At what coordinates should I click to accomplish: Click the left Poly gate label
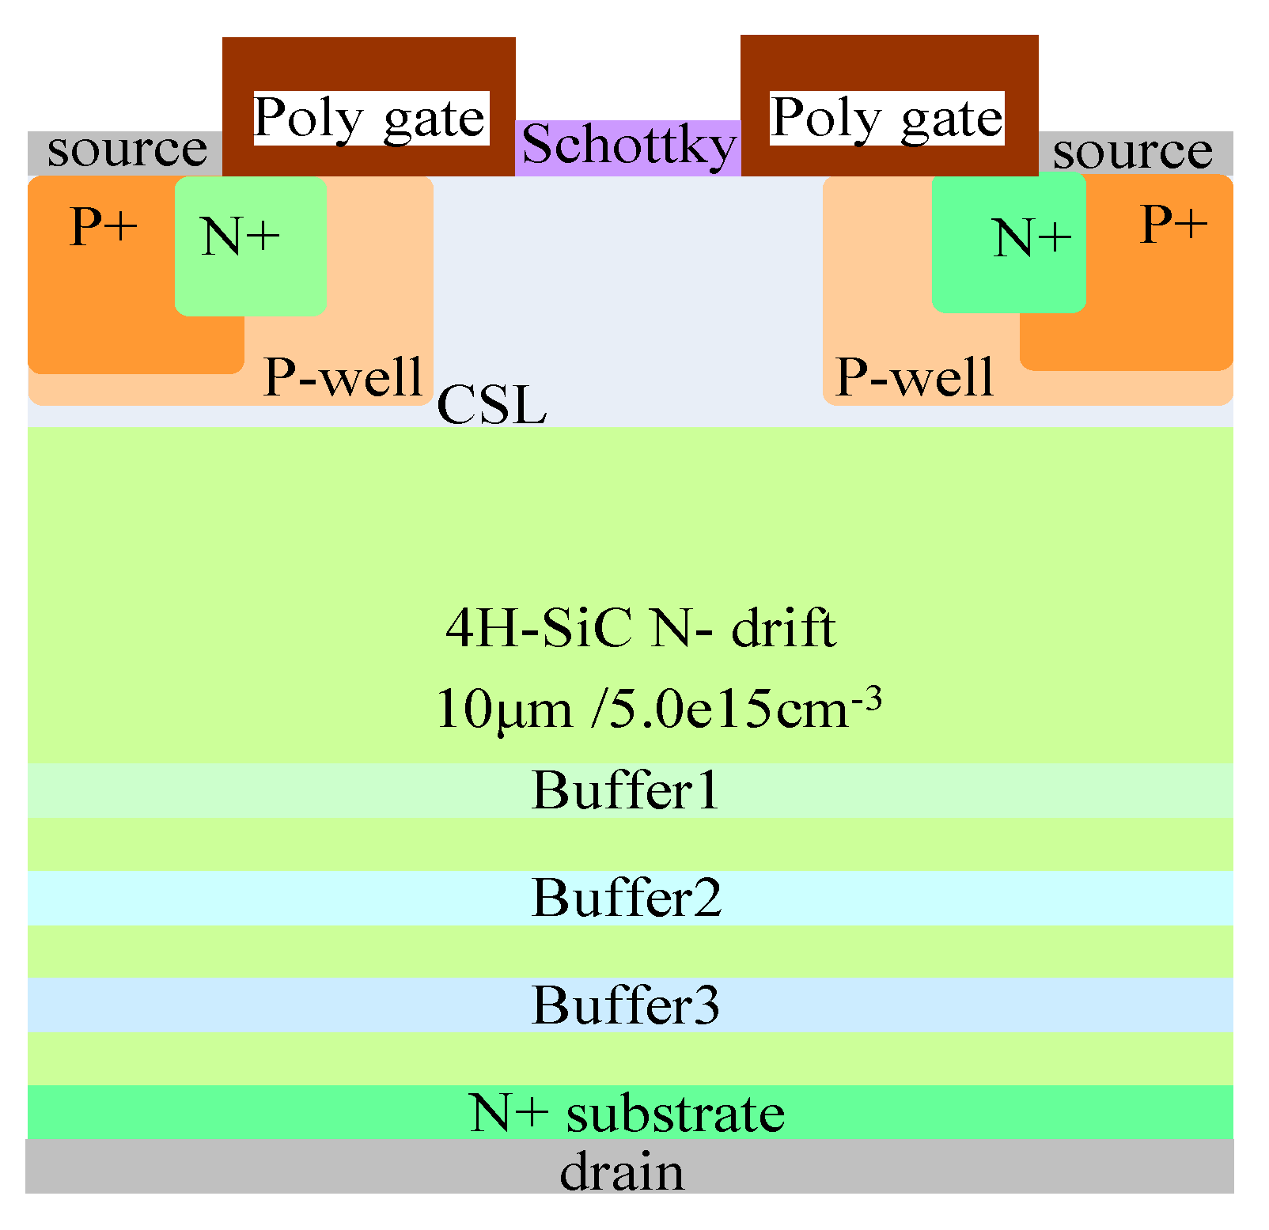tap(369, 119)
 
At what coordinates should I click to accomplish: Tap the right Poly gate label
tap(887, 119)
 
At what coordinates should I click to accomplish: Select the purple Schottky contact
tap(628, 147)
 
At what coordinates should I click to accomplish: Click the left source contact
tap(125, 152)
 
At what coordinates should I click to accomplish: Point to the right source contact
tap(1134, 153)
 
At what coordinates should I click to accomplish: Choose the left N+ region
tap(250, 245)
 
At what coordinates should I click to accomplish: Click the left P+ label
tap(104, 227)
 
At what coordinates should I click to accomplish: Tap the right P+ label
tap(1173, 225)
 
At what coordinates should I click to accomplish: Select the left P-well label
tap(343, 377)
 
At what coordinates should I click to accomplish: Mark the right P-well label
tap(914, 377)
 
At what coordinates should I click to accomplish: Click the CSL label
tap(491, 406)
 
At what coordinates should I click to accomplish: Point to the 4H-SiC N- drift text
tap(640, 630)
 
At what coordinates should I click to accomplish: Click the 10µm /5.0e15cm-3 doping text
tap(657, 707)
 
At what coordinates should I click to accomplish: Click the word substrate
tap(676, 1113)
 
